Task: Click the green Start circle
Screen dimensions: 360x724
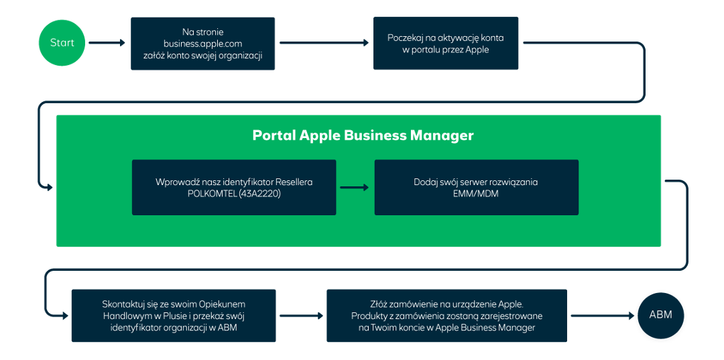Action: pyautogui.click(x=62, y=43)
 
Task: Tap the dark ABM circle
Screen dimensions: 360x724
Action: pyautogui.click(x=660, y=315)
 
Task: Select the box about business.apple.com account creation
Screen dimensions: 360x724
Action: pyautogui.click(x=202, y=44)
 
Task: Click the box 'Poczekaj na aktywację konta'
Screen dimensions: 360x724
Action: pyautogui.click(x=445, y=44)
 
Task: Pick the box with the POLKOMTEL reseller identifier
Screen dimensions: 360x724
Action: pyautogui.click(x=234, y=187)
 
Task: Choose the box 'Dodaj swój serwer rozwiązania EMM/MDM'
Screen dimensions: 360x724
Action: pyautogui.click(x=476, y=187)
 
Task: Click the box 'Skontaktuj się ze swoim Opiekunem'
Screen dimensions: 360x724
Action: pyautogui.click(x=173, y=315)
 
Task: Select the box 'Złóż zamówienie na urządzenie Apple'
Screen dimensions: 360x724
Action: pyautogui.click(x=446, y=315)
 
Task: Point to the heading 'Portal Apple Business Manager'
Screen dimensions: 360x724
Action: pyautogui.click(x=363, y=135)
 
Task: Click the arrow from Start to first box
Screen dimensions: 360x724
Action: pyautogui.click(x=107, y=44)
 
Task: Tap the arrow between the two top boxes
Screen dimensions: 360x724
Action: pyautogui.click(x=324, y=44)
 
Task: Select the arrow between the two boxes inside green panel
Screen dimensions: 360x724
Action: pyautogui.click(x=355, y=187)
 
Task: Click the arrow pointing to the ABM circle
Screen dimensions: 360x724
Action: pyautogui.click(x=602, y=315)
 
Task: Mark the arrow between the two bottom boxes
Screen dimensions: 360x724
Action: pyautogui.click(x=300, y=315)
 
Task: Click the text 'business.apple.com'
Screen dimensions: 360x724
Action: pyautogui.click(x=202, y=44)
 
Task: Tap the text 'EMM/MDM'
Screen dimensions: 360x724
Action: pyautogui.click(x=476, y=194)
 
